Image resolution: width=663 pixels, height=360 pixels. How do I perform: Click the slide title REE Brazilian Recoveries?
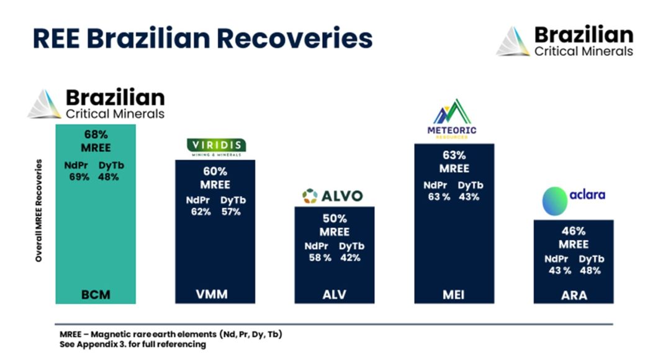[x=202, y=38]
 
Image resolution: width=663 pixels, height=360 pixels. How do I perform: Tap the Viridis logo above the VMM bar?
[x=216, y=146]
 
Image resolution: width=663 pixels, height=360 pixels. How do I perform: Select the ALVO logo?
[x=332, y=197]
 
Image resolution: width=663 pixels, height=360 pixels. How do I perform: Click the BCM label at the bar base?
[x=96, y=294]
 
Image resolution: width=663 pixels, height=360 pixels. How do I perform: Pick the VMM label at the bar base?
[x=212, y=294]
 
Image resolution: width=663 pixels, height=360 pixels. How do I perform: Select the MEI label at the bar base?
[x=454, y=294]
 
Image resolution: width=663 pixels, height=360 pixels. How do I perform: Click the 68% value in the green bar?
[x=96, y=133]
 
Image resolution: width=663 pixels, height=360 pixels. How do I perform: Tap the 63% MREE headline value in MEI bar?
[x=454, y=155]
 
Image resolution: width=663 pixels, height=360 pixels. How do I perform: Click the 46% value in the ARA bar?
[x=574, y=231]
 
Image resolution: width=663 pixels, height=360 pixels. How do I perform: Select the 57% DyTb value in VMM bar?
[x=231, y=212]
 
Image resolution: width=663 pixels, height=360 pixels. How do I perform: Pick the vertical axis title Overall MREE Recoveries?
[x=38, y=211]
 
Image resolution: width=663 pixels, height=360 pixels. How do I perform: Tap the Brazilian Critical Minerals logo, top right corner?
[x=566, y=41]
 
